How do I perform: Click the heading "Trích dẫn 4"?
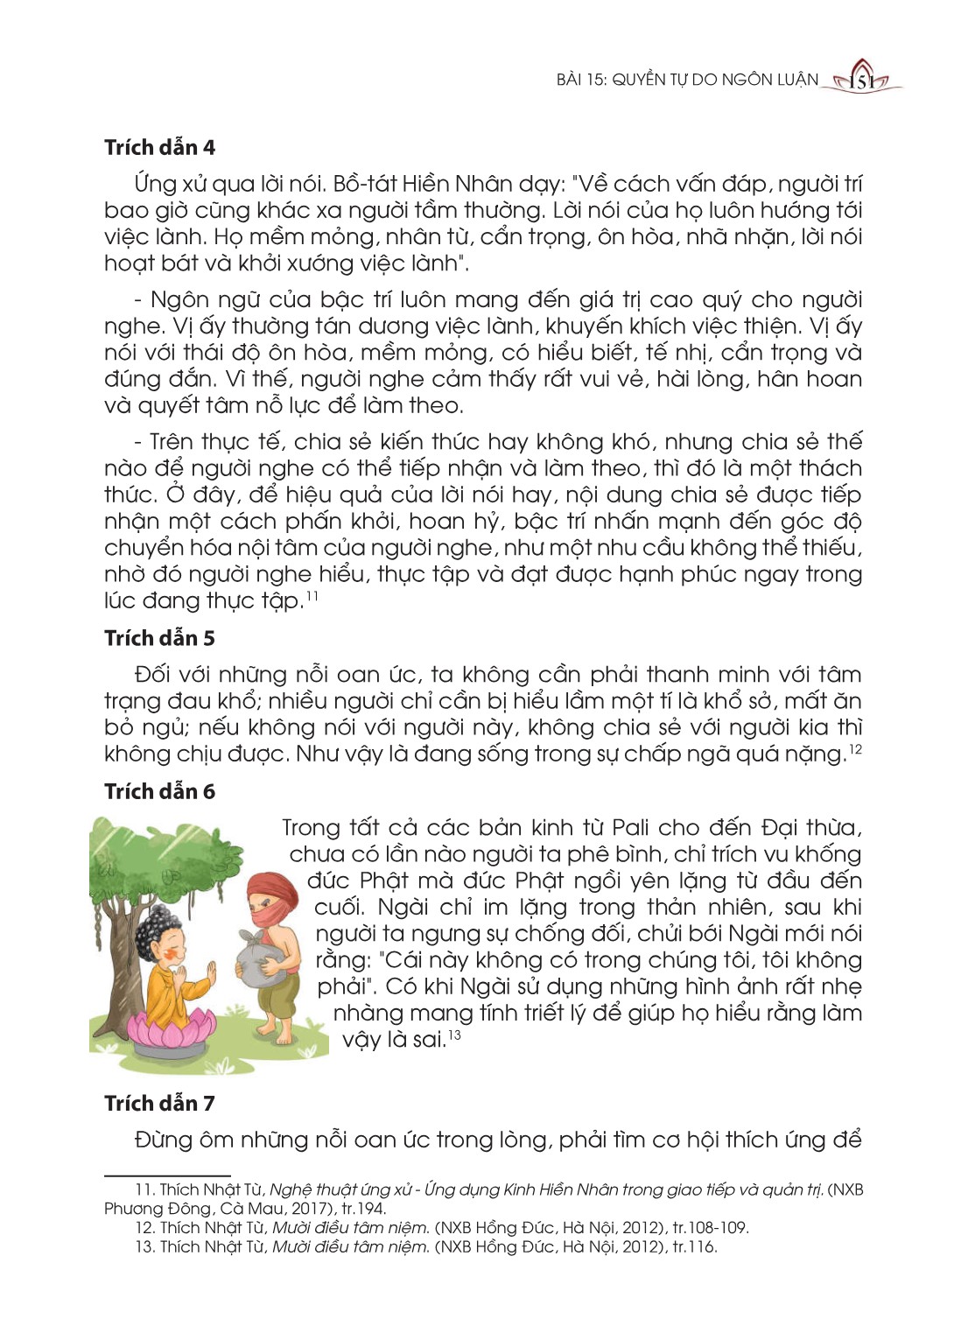pyautogui.click(x=159, y=147)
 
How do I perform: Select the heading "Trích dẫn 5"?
pyautogui.click(x=159, y=638)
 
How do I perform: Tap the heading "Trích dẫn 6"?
pyautogui.click(x=159, y=791)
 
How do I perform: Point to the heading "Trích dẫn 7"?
pyautogui.click(x=159, y=1103)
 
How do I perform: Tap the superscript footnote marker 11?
pyautogui.click(x=312, y=597)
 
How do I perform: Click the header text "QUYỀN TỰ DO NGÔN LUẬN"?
pyautogui.click(x=715, y=80)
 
